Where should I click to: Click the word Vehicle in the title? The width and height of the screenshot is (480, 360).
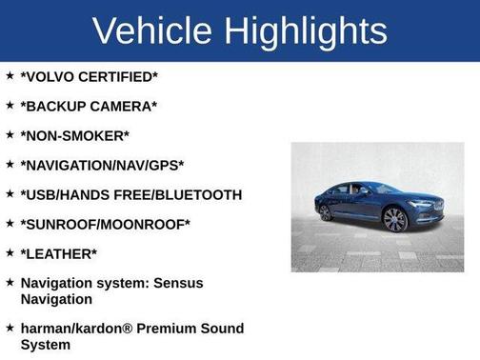[x=153, y=30]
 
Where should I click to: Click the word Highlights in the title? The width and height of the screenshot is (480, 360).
[x=305, y=30]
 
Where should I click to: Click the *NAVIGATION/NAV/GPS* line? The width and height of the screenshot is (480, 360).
[x=102, y=165]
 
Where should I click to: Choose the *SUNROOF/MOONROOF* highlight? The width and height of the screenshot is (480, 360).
[x=105, y=224]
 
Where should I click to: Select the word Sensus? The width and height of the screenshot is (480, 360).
[x=204, y=283]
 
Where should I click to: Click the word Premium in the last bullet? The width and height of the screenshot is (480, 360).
[x=175, y=329]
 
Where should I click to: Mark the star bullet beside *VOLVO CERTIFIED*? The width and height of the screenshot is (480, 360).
[x=9, y=74]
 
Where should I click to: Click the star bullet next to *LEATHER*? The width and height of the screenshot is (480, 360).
[x=9, y=252]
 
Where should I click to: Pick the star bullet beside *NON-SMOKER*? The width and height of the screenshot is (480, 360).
[x=9, y=134]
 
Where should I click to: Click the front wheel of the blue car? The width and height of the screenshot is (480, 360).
[x=395, y=219]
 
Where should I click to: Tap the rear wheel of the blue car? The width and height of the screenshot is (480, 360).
[x=327, y=211]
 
